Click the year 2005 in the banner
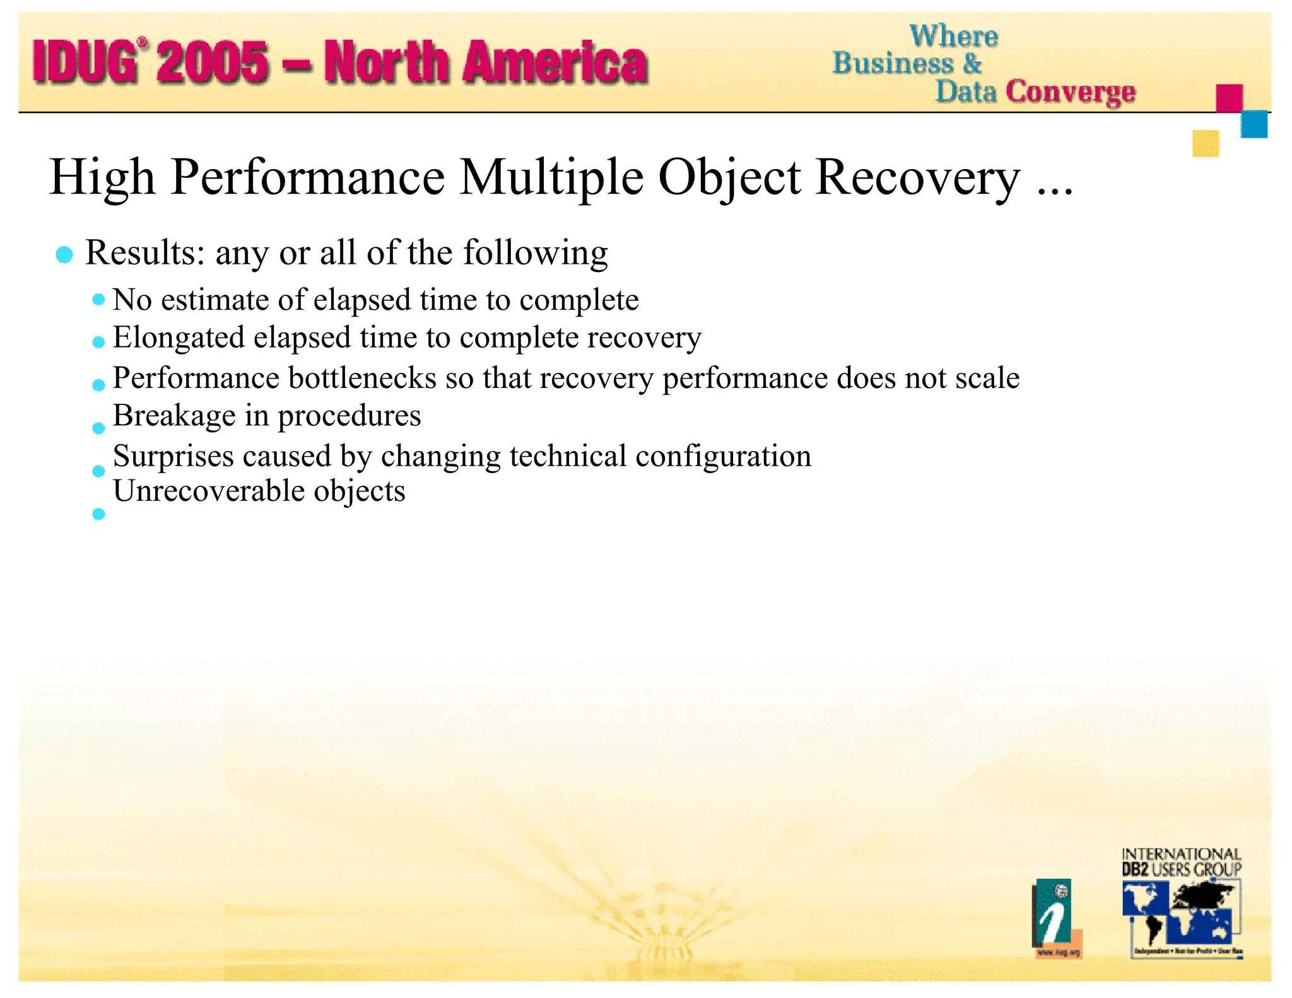pyautogui.click(x=213, y=62)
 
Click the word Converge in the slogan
pyautogui.click(x=1071, y=92)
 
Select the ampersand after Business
pyautogui.click(x=972, y=64)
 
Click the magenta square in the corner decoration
pyautogui.click(x=1229, y=98)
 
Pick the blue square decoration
pyautogui.click(x=1254, y=124)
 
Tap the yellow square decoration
pyautogui.click(x=1206, y=143)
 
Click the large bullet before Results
pyautogui.click(x=64, y=255)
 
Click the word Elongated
pyautogui.click(x=179, y=338)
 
